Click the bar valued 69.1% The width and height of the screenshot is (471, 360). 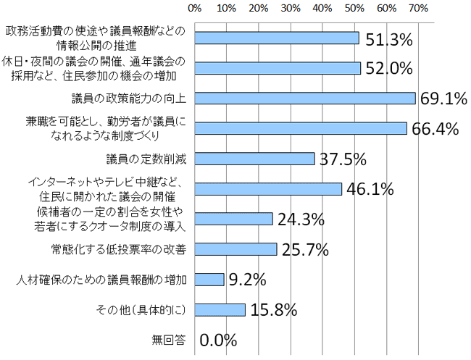pyautogui.click(x=304, y=98)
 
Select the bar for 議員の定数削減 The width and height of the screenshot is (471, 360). pyautogui.click(x=254, y=159)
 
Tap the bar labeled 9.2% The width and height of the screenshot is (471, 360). pyautogui.click(x=209, y=279)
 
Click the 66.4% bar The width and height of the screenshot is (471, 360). pyautogui.click(x=300, y=128)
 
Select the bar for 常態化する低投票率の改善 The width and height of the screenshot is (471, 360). pyautogui.click(x=236, y=249)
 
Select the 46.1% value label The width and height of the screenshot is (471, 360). pyautogui.click(x=370, y=190)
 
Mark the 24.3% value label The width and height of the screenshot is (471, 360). pyautogui.click(x=300, y=219)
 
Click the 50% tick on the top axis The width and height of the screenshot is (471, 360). pyautogui.click(x=354, y=9)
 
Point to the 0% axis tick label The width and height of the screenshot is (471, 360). pyautogui.click(x=194, y=9)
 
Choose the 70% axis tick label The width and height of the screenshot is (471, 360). pyautogui.click(x=418, y=9)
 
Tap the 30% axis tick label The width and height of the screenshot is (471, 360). pyautogui.click(x=291, y=9)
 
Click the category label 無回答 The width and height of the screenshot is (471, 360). pyautogui.click(x=170, y=338)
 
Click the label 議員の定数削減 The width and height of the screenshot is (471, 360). pyautogui.click(x=146, y=159)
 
